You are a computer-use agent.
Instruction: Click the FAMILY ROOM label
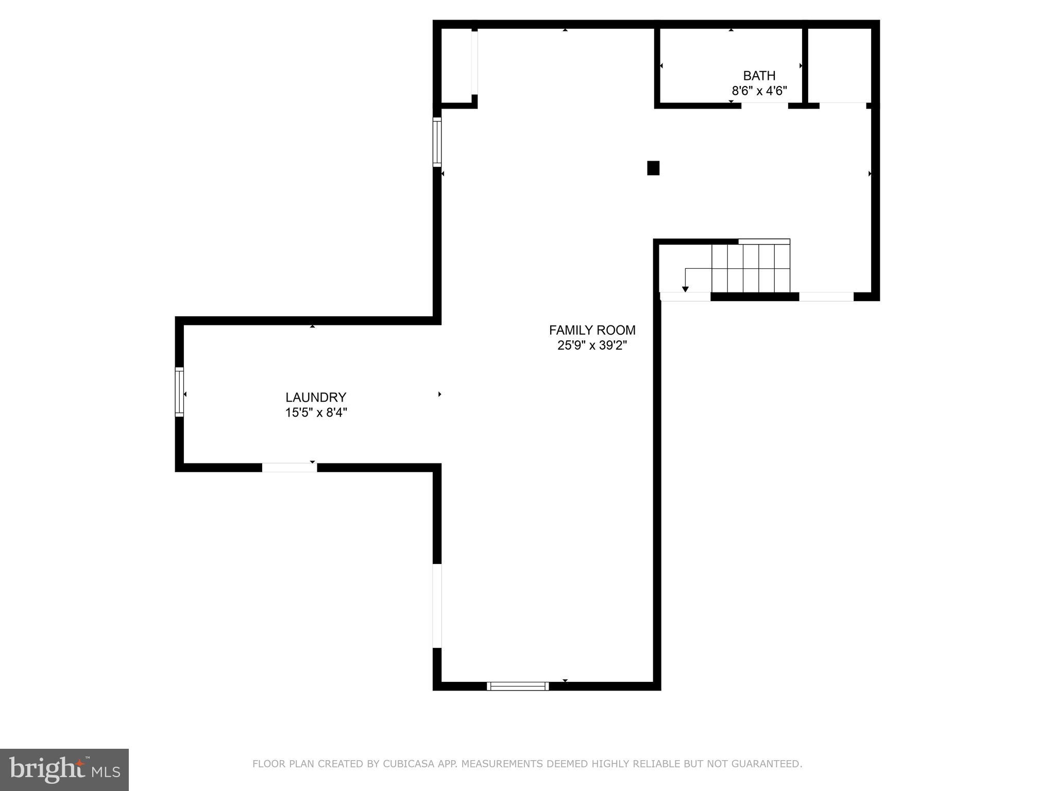click(x=592, y=330)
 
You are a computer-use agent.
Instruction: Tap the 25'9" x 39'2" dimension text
click(x=592, y=346)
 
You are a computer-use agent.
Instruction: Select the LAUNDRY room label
click(x=316, y=397)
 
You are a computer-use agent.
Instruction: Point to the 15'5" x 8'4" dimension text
click(x=316, y=412)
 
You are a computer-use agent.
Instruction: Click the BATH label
click(x=759, y=76)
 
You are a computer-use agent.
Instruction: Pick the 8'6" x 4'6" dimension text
click(x=759, y=91)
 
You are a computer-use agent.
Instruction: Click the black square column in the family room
click(x=653, y=168)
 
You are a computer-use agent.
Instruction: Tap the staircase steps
click(x=751, y=268)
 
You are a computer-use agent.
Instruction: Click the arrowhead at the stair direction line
click(x=685, y=289)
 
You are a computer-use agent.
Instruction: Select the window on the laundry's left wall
click(x=179, y=391)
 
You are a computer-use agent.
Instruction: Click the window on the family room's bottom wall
click(x=518, y=686)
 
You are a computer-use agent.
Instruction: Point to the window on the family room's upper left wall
click(x=437, y=142)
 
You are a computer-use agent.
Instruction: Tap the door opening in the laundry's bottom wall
click(x=290, y=468)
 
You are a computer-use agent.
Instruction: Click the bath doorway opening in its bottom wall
click(x=764, y=106)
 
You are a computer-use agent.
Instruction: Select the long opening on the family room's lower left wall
click(x=437, y=606)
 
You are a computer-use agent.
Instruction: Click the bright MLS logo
click(x=64, y=769)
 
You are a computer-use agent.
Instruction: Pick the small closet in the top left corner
click(x=456, y=65)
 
